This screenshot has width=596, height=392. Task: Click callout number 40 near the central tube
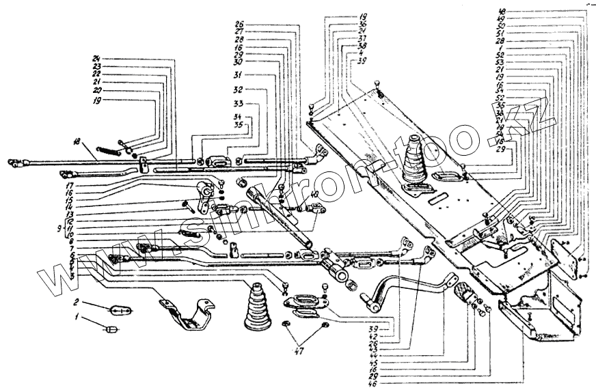tap(314, 196)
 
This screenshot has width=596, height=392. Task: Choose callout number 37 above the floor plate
tap(362, 38)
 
